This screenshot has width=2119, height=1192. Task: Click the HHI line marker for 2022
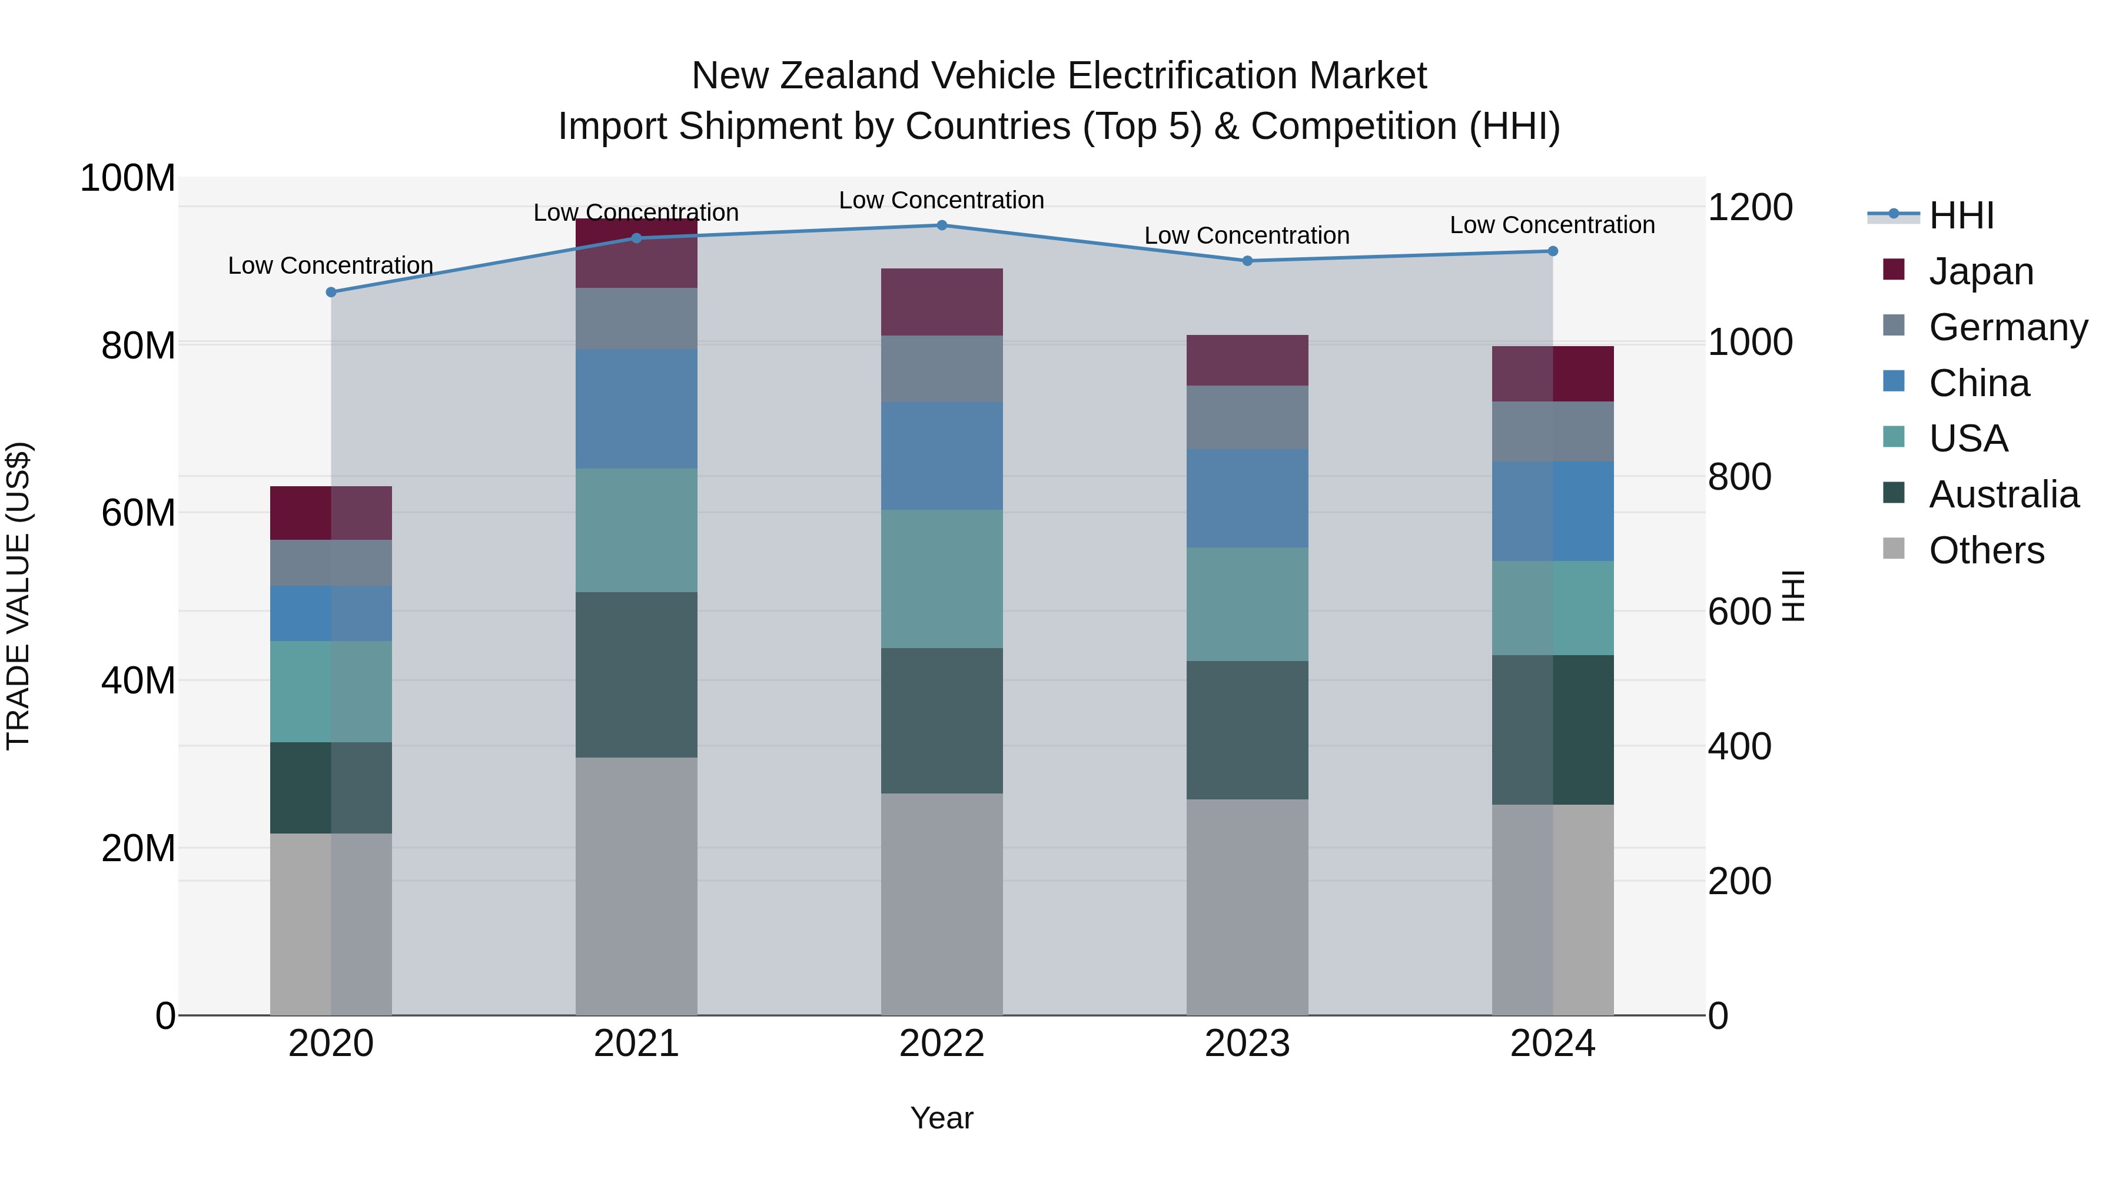(x=942, y=225)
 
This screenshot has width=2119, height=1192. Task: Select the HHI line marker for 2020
(x=331, y=292)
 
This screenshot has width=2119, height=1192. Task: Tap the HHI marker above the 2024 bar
(x=1552, y=251)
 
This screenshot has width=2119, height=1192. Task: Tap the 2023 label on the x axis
(x=1247, y=1043)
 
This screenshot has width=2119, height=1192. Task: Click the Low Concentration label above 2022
(x=941, y=200)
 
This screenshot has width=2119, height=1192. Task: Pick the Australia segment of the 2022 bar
(x=942, y=720)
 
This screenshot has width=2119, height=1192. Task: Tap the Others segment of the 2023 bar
(x=1247, y=907)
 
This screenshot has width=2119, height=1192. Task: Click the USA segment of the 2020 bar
(x=331, y=691)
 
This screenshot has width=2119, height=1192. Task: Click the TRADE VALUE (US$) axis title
(x=18, y=596)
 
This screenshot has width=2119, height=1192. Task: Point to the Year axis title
(x=941, y=1118)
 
